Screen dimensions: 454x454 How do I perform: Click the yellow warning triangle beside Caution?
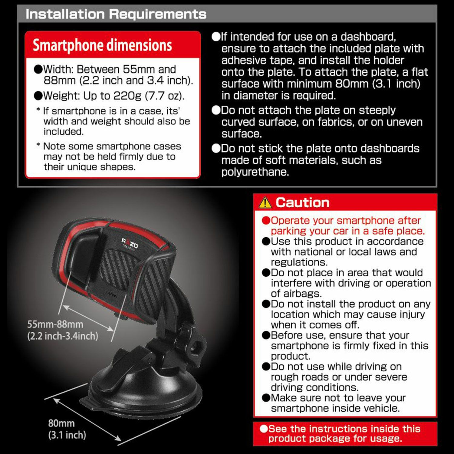click(265, 202)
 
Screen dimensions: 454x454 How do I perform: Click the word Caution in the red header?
click(302, 202)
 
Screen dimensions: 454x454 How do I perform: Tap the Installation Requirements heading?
click(116, 14)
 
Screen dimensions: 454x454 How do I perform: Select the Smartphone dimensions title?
click(102, 45)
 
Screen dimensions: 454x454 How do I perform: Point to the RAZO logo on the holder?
click(130, 243)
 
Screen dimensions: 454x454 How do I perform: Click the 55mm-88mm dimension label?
click(55, 324)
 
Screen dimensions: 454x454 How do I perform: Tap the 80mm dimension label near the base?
click(61, 423)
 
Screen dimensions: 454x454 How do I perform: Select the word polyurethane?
click(255, 172)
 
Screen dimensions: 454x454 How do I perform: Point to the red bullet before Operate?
click(266, 220)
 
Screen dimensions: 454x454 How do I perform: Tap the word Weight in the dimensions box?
click(61, 96)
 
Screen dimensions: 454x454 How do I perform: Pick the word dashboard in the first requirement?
click(368, 37)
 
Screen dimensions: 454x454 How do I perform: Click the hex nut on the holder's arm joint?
click(197, 345)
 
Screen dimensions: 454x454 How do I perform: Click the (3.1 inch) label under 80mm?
click(67, 435)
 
